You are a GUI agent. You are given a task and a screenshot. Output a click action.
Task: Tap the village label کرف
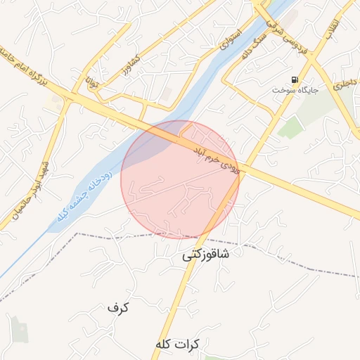point(119,307)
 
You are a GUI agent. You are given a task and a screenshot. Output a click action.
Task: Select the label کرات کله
point(178,345)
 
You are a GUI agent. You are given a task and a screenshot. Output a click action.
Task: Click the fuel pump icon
point(294,79)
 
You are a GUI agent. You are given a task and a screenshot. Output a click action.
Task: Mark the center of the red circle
point(180,179)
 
